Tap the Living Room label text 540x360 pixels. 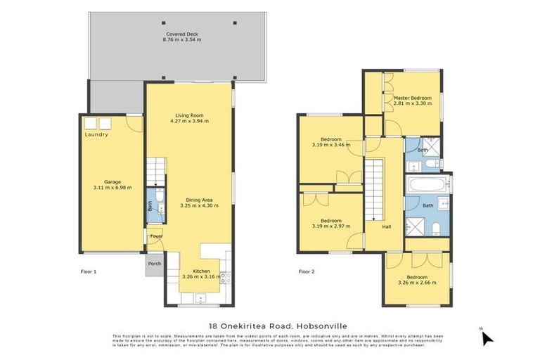(189, 117)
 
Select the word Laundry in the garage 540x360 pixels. (96, 135)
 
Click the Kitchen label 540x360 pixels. (201, 273)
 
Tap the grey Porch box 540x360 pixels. (154, 264)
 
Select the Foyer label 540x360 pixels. (155, 236)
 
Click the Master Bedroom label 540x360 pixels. (411, 101)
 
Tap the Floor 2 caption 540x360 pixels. (307, 271)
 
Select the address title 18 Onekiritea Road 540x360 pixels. (270, 326)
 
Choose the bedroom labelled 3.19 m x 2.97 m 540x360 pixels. (327, 224)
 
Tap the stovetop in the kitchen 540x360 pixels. (225, 276)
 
